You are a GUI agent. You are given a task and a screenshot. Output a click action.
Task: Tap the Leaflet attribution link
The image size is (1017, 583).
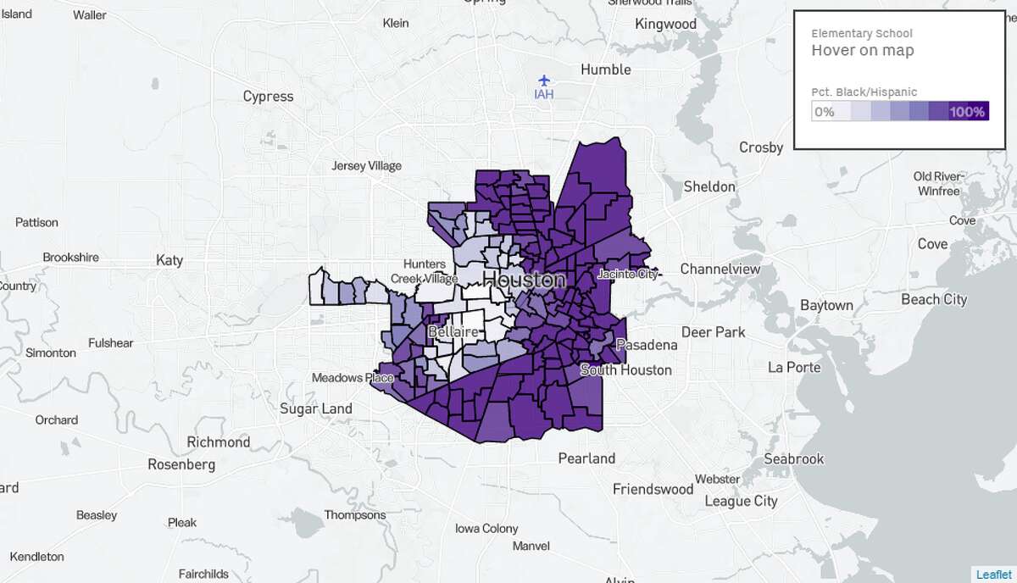(x=992, y=575)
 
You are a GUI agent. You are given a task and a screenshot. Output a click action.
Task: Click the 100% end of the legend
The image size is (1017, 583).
(x=966, y=111)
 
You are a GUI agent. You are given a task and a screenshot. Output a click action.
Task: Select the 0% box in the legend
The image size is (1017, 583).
(x=824, y=111)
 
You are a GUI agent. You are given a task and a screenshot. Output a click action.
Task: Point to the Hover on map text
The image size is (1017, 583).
(x=863, y=50)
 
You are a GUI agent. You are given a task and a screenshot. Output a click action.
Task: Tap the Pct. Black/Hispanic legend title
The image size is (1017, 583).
(x=864, y=92)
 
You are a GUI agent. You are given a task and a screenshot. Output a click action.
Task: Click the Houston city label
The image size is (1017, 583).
(x=523, y=280)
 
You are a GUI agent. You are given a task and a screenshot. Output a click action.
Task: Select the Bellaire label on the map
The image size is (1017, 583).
(x=453, y=331)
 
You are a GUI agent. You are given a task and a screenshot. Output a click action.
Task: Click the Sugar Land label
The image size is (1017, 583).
(x=316, y=408)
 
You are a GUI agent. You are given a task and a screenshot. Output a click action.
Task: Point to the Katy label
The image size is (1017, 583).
(x=169, y=260)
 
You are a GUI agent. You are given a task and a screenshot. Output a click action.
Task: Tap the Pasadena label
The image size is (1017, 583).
(x=647, y=345)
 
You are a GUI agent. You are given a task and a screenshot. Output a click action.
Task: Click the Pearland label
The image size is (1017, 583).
(x=586, y=458)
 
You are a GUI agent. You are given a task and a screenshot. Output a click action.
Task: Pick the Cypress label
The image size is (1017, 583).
(x=268, y=96)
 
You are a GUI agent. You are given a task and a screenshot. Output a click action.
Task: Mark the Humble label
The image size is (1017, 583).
(x=606, y=69)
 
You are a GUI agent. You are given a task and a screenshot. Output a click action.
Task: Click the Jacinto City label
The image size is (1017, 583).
(x=628, y=274)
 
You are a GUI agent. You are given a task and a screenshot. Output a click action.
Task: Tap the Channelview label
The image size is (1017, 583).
(x=720, y=269)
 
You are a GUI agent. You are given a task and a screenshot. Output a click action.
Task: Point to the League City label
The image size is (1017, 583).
(x=741, y=501)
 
